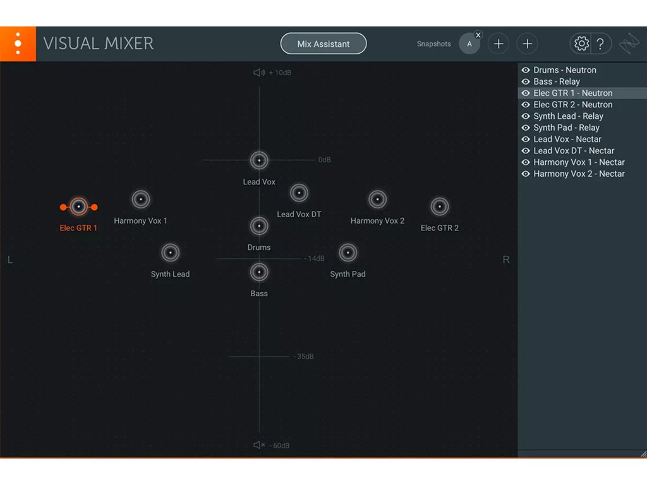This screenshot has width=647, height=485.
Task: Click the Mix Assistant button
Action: tap(323, 44)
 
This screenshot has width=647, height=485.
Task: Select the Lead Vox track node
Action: tap(259, 160)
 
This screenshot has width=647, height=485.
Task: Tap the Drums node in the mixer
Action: tap(259, 225)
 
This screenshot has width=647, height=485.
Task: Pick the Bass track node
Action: tap(259, 272)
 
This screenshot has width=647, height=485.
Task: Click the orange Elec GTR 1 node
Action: tap(78, 207)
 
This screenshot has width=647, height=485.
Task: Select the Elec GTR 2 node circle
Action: tap(439, 207)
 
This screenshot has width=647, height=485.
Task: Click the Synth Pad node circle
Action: tap(348, 253)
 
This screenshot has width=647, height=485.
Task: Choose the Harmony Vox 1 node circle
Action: tap(140, 200)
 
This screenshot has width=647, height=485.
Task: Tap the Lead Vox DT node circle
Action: tap(299, 193)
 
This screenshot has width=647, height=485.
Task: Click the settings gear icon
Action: tap(581, 44)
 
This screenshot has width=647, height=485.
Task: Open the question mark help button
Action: tap(600, 44)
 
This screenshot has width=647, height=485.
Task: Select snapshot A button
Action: tap(469, 44)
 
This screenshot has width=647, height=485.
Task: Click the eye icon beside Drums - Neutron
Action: tap(526, 70)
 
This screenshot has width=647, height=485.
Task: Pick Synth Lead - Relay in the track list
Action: tap(568, 116)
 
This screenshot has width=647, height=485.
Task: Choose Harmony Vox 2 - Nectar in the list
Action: tap(579, 174)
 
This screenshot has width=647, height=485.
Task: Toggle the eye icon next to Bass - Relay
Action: tap(526, 81)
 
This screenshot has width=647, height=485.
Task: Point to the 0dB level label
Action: tap(324, 160)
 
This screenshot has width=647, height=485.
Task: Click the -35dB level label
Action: tap(304, 357)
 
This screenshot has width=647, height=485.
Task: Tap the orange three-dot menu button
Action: tap(18, 44)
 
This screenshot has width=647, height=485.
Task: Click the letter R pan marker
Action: tap(506, 260)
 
